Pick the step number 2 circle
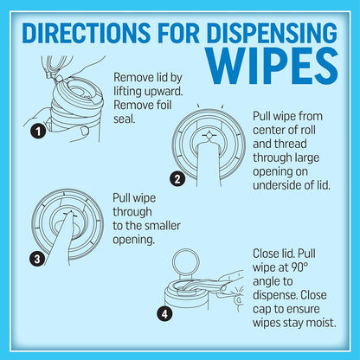click(x=177, y=180)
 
